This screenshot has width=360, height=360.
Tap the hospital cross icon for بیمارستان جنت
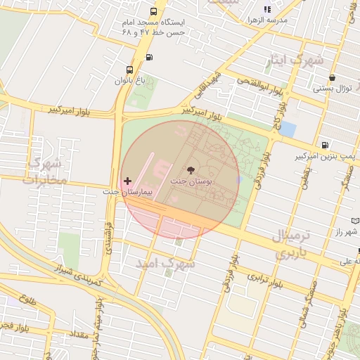127,181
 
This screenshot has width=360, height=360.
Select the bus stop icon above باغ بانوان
129,70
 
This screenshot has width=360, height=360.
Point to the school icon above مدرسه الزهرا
266,9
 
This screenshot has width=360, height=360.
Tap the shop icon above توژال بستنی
332,78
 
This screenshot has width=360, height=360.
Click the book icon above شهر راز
356,220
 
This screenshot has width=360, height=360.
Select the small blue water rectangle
288,130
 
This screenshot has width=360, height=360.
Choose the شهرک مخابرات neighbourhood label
43,171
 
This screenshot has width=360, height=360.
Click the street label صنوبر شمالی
311,302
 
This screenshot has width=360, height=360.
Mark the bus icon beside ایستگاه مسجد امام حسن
153,12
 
